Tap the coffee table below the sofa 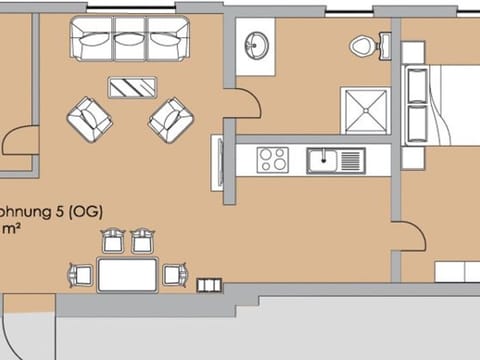[132, 87]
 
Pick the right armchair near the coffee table [170, 120]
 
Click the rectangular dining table [127, 274]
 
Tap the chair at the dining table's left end [76, 273]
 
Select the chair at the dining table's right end [177, 273]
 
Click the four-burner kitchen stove [272, 159]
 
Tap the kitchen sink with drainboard [335, 159]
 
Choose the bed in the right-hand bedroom [440, 100]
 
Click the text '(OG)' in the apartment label [86, 212]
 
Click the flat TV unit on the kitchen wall [216, 159]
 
